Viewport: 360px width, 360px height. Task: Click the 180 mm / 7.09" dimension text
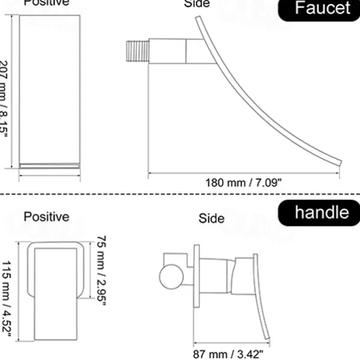243,182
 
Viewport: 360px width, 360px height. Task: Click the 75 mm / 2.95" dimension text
102,268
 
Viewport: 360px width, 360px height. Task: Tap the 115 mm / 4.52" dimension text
7,298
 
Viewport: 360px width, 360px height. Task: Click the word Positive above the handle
46,217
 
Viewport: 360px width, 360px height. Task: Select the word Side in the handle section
211,218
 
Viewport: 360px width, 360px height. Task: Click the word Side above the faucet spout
197,4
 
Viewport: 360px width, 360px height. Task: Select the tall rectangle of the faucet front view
50,89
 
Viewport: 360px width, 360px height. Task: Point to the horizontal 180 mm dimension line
244,174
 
